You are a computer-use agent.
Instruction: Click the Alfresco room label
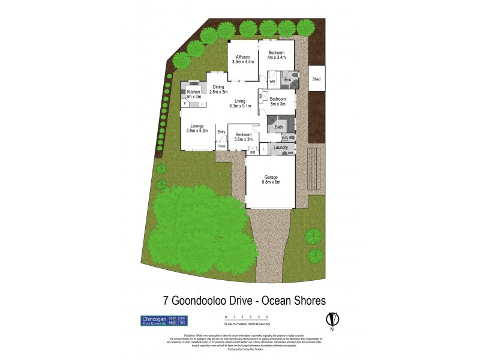click(242, 58)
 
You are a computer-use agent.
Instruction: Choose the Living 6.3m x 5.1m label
click(240, 103)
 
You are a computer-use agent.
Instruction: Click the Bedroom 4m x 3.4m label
click(276, 55)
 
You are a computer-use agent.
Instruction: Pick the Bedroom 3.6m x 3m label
click(243, 136)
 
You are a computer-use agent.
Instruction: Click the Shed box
click(316, 79)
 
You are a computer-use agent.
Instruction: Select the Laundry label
click(281, 147)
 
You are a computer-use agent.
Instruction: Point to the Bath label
click(279, 127)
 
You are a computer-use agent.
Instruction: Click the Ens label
click(287, 80)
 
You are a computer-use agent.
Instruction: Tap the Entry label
click(221, 132)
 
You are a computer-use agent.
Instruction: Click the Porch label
click(221, 146)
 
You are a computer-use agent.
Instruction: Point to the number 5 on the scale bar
click(266, 316)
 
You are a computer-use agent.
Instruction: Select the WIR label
click(271, 81)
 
